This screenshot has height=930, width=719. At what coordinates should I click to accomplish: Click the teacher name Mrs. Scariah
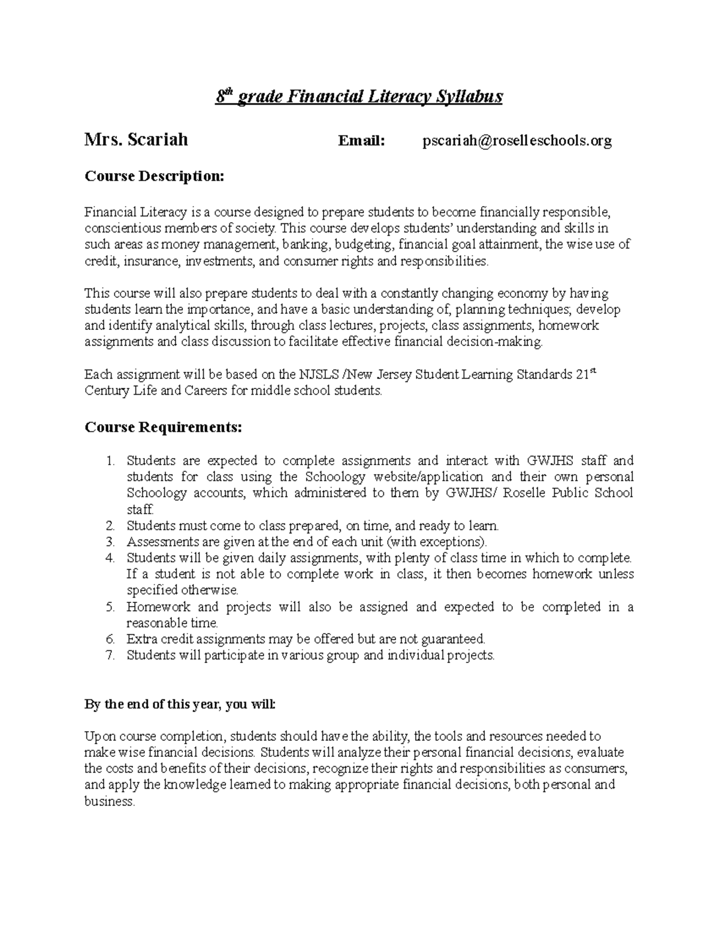pyautogui.click(x=136, y=140)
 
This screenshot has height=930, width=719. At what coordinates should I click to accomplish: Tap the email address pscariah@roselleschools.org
pyautogui.click(x=517, y=141)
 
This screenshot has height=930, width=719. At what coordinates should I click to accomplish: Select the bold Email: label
pyautogui.click(x=361, y=141)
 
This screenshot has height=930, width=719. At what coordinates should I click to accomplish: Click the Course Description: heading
pyautogui.click(x=155, y=177)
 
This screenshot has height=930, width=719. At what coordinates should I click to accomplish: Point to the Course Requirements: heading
pyautogui.click(x=164, y=428)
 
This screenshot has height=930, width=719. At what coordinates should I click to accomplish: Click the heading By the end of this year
pyautogui.click(x=180, y=704)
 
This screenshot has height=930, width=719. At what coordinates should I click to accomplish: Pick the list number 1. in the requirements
pyautogui.click(x=110, y=461)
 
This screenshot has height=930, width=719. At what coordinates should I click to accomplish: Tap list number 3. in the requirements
pyautogui.click(x=110, y=542)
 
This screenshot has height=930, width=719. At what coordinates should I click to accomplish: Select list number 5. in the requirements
pyautogui.click(x=110, y=607)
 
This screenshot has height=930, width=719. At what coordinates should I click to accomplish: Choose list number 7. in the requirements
pyautogui.click(x=110, y=656)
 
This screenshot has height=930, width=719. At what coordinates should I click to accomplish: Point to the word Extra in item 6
pyautogui.click(x=141, y=639)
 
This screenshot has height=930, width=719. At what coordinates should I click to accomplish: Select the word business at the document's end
pyautogui.click(x=110, y=802)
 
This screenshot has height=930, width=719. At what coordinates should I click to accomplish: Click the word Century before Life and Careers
pyautogui.click(x=106, y=391)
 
